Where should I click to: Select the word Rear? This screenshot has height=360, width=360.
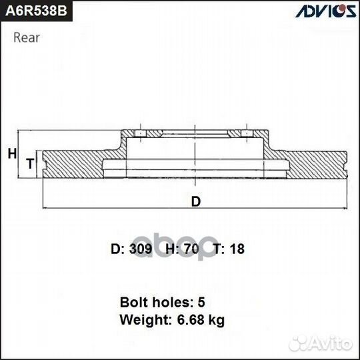point(26,37)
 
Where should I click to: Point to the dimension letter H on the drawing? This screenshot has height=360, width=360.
point(11,153)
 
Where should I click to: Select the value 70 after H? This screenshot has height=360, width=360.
point(192,249)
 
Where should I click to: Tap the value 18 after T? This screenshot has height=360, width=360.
point(237,249)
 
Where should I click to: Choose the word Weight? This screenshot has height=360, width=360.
point(141,320)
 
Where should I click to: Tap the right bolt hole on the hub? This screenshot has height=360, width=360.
point(247,135)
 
